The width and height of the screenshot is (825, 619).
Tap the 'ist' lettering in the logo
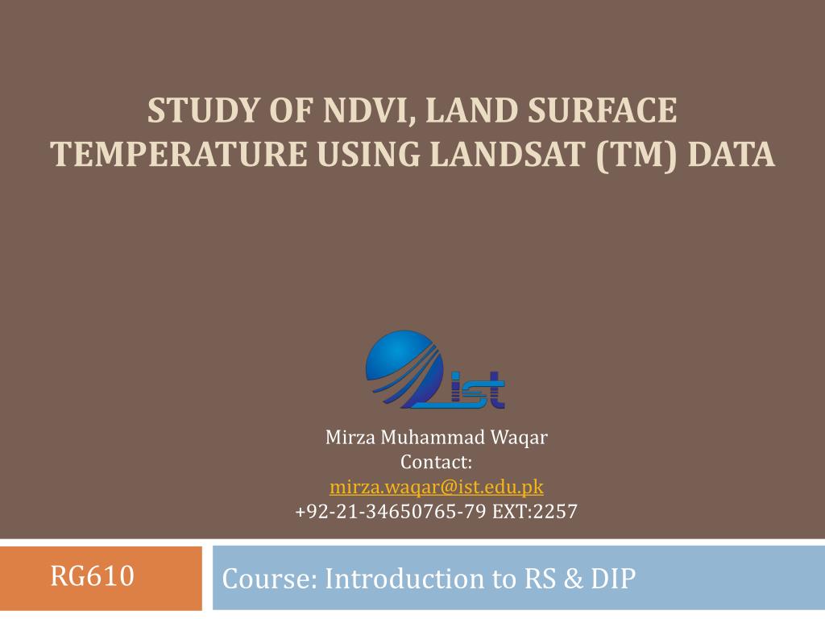point(478,393)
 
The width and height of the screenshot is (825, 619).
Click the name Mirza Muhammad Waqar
point(436,438)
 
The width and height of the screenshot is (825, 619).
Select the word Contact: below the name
point(436,463)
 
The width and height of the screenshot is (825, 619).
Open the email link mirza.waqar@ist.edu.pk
point(436,487)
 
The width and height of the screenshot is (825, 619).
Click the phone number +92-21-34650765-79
point(390,511)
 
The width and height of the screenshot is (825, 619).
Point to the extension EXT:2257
point(533,511)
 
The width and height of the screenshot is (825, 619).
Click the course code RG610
point(92,576)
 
